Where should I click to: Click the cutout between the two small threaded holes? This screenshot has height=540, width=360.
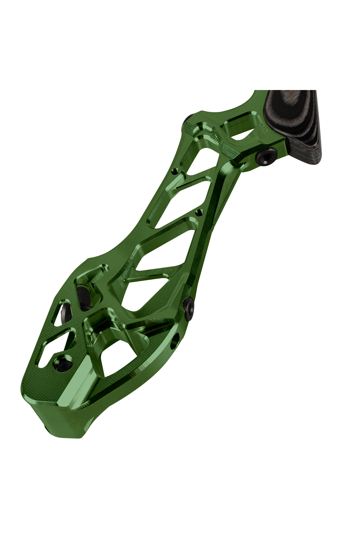point(187,194)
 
